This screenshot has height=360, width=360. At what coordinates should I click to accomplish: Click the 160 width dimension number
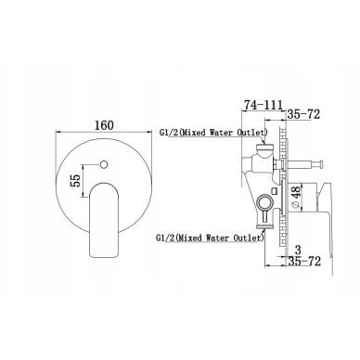pos(104,125)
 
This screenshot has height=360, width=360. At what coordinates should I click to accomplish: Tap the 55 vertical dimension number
pos(75,181)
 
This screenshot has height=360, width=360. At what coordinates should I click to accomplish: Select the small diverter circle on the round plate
pos(104,164)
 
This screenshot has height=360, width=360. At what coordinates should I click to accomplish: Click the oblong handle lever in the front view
pos(104,220)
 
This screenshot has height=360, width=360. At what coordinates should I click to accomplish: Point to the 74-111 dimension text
pos(263,105)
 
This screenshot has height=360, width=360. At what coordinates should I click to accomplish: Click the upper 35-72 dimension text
pos(303,114)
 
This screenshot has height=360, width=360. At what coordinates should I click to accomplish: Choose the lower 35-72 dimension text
pos(304,262)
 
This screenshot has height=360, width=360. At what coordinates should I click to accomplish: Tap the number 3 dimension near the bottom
pos(298,250)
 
